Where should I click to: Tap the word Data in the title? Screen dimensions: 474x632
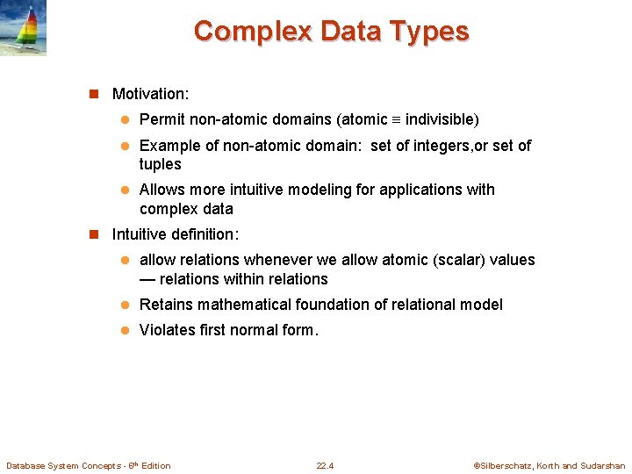coord(348,32)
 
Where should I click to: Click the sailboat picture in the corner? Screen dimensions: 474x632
coord(24,29)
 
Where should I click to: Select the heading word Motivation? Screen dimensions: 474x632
coord(149,93)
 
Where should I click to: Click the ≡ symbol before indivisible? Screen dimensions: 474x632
coord(396,120)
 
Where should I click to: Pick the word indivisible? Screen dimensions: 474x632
coord(442,119)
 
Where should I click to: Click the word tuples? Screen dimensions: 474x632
coord(160,164)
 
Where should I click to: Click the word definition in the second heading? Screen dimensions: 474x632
coord(205,234)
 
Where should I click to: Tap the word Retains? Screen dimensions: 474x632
coord(166,305)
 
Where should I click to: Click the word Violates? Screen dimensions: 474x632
coord(167,330)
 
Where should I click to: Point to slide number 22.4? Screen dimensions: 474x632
coord(325,465)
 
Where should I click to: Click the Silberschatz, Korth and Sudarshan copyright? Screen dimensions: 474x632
coord(549,465)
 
